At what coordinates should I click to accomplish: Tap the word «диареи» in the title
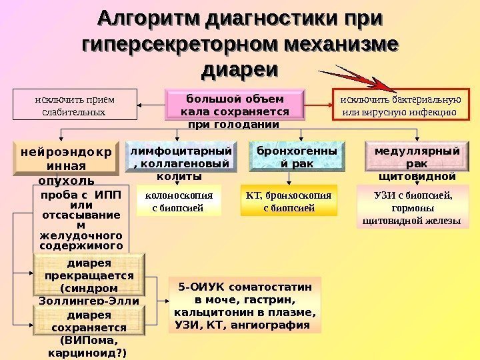tap(240, 69)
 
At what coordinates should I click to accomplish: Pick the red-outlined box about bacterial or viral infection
tap(400, 105)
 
